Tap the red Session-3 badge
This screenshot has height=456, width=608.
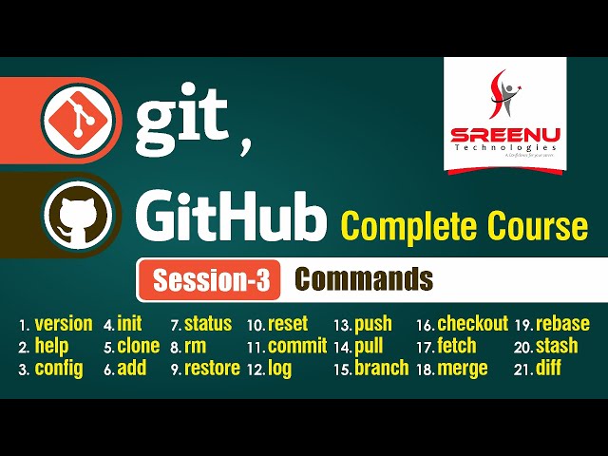[x=211, y=281]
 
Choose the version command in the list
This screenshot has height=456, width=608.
[x=64, y=324]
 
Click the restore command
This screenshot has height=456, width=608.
[x=212, y=369]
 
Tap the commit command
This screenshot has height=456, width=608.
[x=297, y=346]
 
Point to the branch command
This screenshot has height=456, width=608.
[x=381, y=369]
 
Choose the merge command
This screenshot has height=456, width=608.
[x=463, y=369]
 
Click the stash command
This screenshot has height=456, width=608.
[x=557, y=346]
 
